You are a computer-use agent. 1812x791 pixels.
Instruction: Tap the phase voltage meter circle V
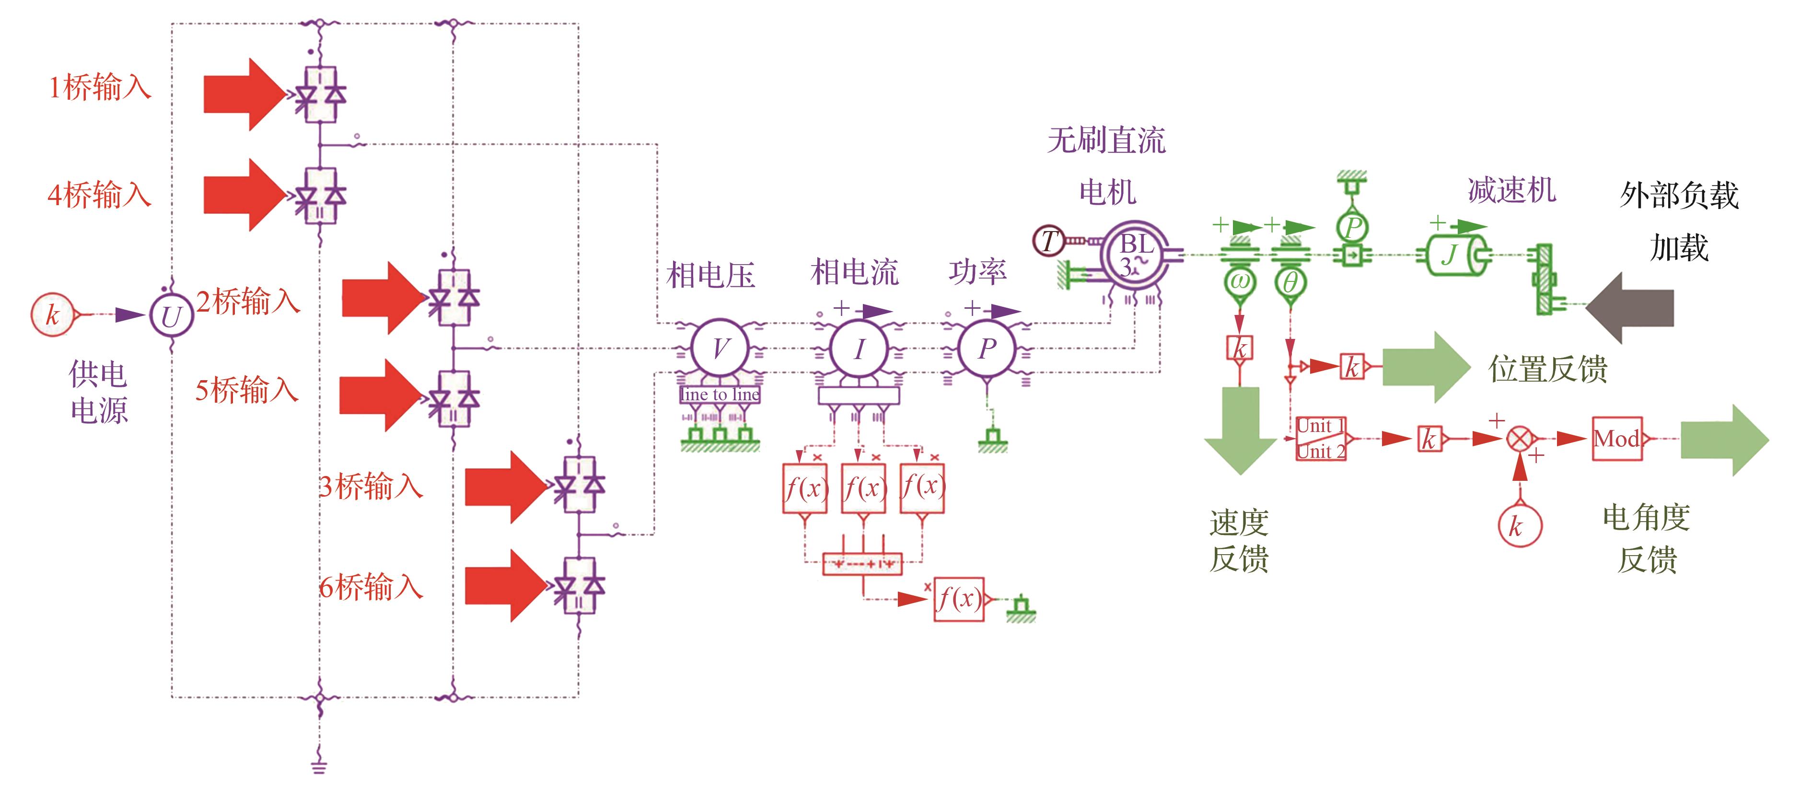pos(720,349)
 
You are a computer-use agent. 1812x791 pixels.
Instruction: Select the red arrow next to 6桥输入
pos(505,585)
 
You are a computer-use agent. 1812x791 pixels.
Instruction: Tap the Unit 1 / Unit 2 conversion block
pos(1321,439)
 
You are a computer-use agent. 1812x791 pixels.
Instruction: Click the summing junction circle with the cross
pos(1521,440)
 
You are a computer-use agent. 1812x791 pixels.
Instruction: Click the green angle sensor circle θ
pos(1290,283)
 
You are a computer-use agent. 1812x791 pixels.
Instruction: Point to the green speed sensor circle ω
pos(1239,283)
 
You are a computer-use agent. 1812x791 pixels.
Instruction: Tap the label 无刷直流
pos(1106,141)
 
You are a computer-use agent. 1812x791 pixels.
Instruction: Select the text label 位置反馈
pos(1547,369)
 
